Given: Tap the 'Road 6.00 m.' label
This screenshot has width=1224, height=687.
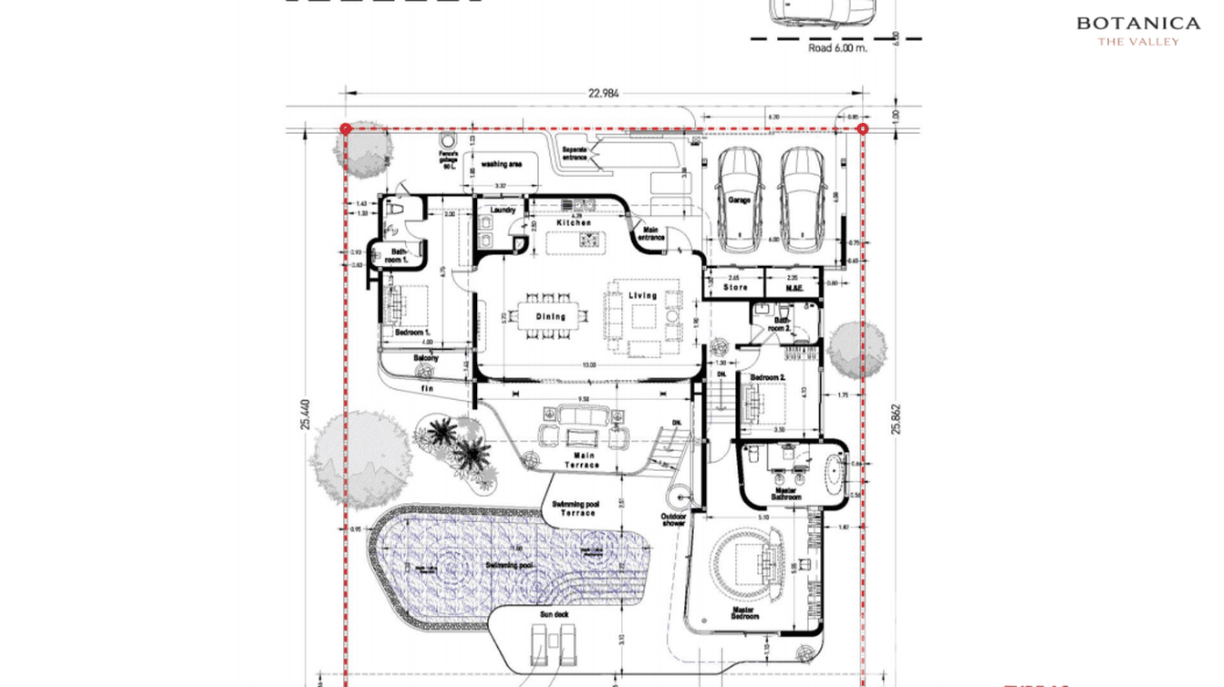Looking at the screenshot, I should coord(837,49).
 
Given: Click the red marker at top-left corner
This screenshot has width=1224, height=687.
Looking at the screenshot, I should coord(346,129).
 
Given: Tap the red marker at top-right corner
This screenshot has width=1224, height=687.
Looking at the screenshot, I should coord(863,129).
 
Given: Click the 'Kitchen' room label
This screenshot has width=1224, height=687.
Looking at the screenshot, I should coord(574,223).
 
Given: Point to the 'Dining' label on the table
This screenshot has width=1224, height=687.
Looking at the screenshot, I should coord(550,317).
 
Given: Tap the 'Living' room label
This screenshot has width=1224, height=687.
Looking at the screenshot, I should coord(642,296).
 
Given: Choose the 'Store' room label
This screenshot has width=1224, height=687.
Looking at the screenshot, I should coord(735,288).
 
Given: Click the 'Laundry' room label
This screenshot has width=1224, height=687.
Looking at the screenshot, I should coord(503,210).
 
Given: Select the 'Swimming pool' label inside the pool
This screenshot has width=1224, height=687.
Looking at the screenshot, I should coord(508,566).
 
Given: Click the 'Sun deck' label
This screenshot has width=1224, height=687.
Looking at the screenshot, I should coord(554,616).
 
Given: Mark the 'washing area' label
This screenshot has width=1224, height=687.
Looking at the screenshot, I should coord(501,165).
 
